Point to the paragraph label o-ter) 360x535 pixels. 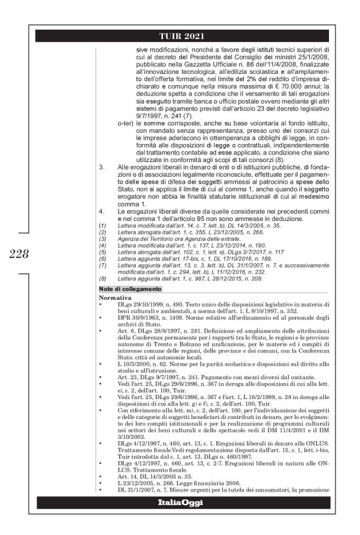tap(128, 141)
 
